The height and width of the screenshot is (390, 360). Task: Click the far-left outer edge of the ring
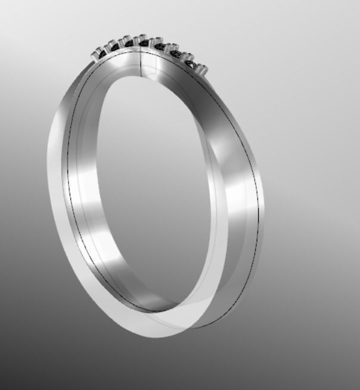click(x=48, y=161)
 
